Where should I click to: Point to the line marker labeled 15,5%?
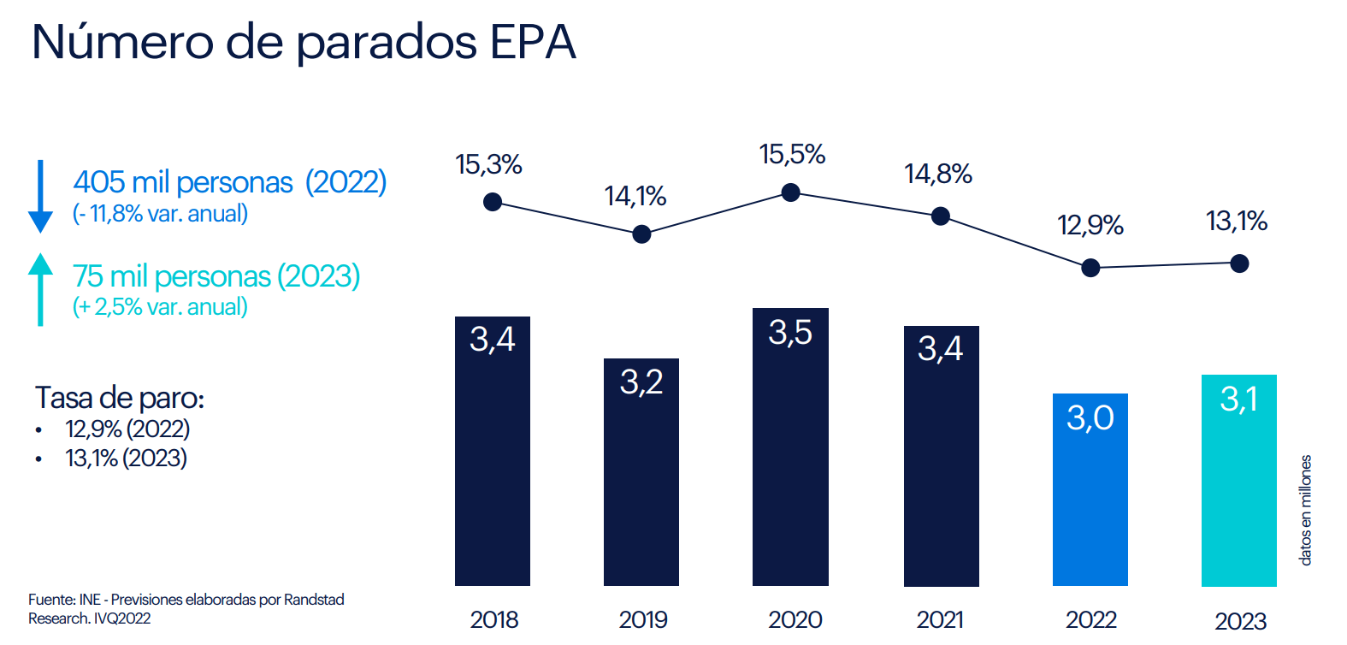point(791,192)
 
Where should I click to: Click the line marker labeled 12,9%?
point(1090,268)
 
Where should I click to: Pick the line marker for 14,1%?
point(641,234)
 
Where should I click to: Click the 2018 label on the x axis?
point(494,619)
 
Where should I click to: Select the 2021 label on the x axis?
point(940,619)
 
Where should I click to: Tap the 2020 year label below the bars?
point(795,619)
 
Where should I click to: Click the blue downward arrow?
point(40,197)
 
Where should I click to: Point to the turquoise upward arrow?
point(40,288)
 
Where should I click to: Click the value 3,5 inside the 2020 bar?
point(790,333)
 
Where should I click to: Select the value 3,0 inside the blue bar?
point(1090,418)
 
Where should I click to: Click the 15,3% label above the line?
point(488,164)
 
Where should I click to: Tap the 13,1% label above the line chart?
point(1237,222)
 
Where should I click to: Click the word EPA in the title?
point(533,42)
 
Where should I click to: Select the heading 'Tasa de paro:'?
point(120,398)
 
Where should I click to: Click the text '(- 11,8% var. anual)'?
point(160,214)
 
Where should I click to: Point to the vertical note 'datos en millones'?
point(1305,510)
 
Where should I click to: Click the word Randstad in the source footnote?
point(314,600)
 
